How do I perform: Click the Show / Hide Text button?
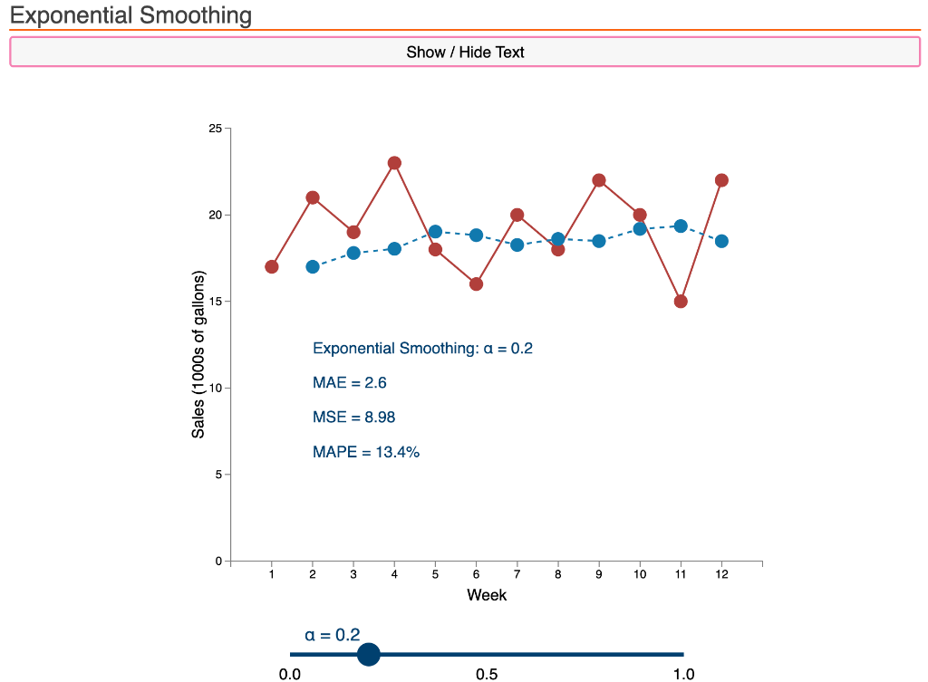click(465, 52)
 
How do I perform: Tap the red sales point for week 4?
click(394, 163)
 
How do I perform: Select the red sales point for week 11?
click(681, 302)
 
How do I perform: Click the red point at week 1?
click(272, 266)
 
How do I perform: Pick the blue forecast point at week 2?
click(313, 266)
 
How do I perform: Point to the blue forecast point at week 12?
click(721, 241)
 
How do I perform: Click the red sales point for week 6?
click(476, 283)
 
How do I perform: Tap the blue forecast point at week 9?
click(599, 241)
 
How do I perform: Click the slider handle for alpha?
click(369, 654)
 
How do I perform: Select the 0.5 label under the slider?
click(487, 674)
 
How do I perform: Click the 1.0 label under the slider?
click(683, 674)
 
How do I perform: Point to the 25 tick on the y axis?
click(215, 129)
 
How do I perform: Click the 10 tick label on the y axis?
click(215, 388)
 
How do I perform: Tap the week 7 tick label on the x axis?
click(517, 574)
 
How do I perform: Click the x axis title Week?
click(487, 595)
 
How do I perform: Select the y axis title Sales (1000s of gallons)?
click(198, 354)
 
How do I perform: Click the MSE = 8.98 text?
click(353, 418)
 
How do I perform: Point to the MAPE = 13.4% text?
click(365, 452)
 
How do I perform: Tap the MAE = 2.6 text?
click(349, 383)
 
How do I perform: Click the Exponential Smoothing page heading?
click(131, 15)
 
